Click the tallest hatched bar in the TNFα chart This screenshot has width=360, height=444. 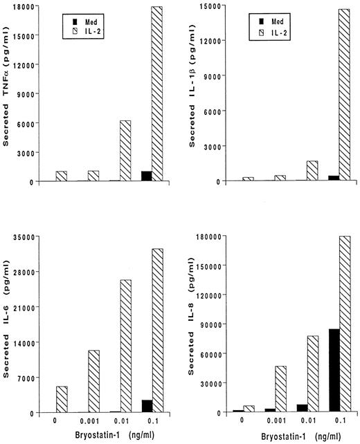pos(157,94)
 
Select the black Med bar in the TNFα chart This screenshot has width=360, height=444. pos(146,176)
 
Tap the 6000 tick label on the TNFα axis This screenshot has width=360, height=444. pos(33,123)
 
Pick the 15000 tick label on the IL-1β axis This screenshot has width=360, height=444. pos(213,6)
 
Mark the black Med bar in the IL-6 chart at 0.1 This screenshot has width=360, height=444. pos(146,406)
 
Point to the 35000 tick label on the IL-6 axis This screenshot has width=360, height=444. pos(30,237)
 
